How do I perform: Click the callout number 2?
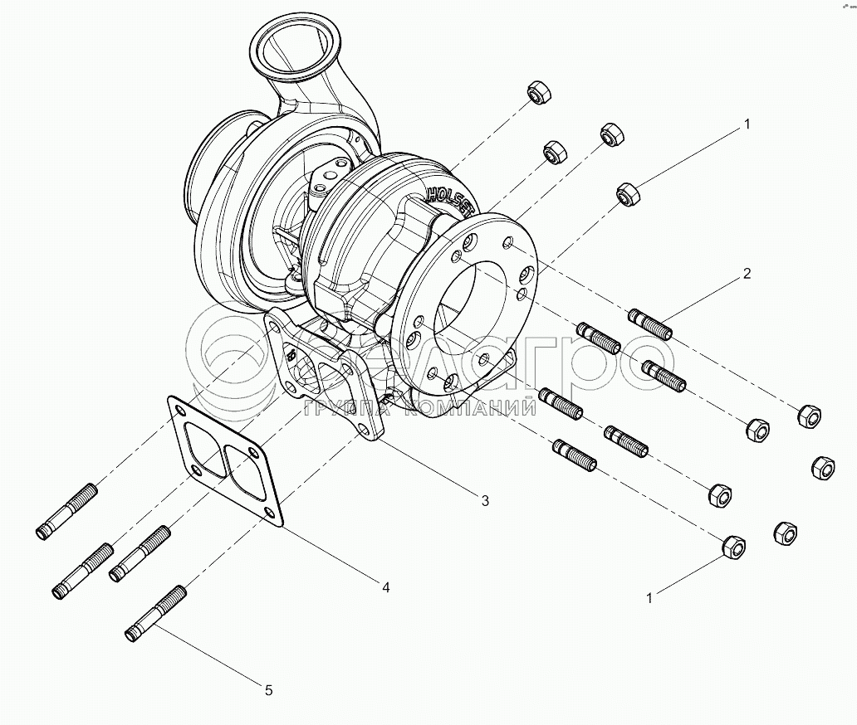point(747,274)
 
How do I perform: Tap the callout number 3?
point(485,500)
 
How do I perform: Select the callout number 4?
point(386,587)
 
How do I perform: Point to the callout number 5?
point(268,689)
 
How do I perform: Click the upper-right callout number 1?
point(747,124)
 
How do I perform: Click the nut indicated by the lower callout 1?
point(733,546)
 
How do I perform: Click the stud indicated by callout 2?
point(651,324)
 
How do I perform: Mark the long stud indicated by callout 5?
point(156,615)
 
